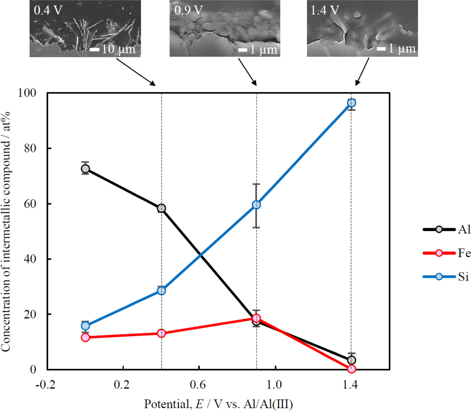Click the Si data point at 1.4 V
point(351,103)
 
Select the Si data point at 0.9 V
point(256,205)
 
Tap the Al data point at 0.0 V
point(85,169)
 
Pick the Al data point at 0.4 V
point(161,208)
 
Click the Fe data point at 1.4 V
point(351,369)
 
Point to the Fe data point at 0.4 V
point(161,333)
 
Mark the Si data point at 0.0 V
point(85,326)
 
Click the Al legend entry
point(446,230)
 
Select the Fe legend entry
point(446,253)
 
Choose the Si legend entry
point(446,277)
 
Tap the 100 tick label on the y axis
point(27,93)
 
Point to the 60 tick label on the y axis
point(30,204)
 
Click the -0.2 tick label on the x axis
point(45,385)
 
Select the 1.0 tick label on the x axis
point(274,385)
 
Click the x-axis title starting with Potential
point(218,404)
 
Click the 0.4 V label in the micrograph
point(48,11)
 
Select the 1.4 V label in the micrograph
point(325,11)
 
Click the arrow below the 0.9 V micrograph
point(247,72)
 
